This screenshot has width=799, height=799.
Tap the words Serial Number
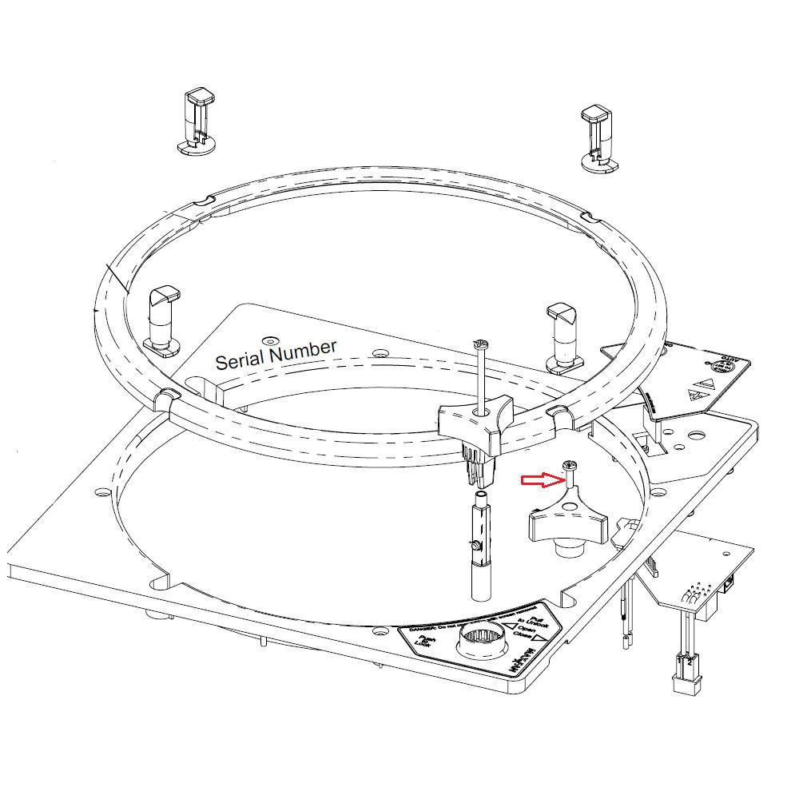click(276, 356)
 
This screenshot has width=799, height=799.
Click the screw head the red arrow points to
click(570, 466)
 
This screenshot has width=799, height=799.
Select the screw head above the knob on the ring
click(479, 344)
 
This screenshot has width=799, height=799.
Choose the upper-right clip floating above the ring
click(599, 137)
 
